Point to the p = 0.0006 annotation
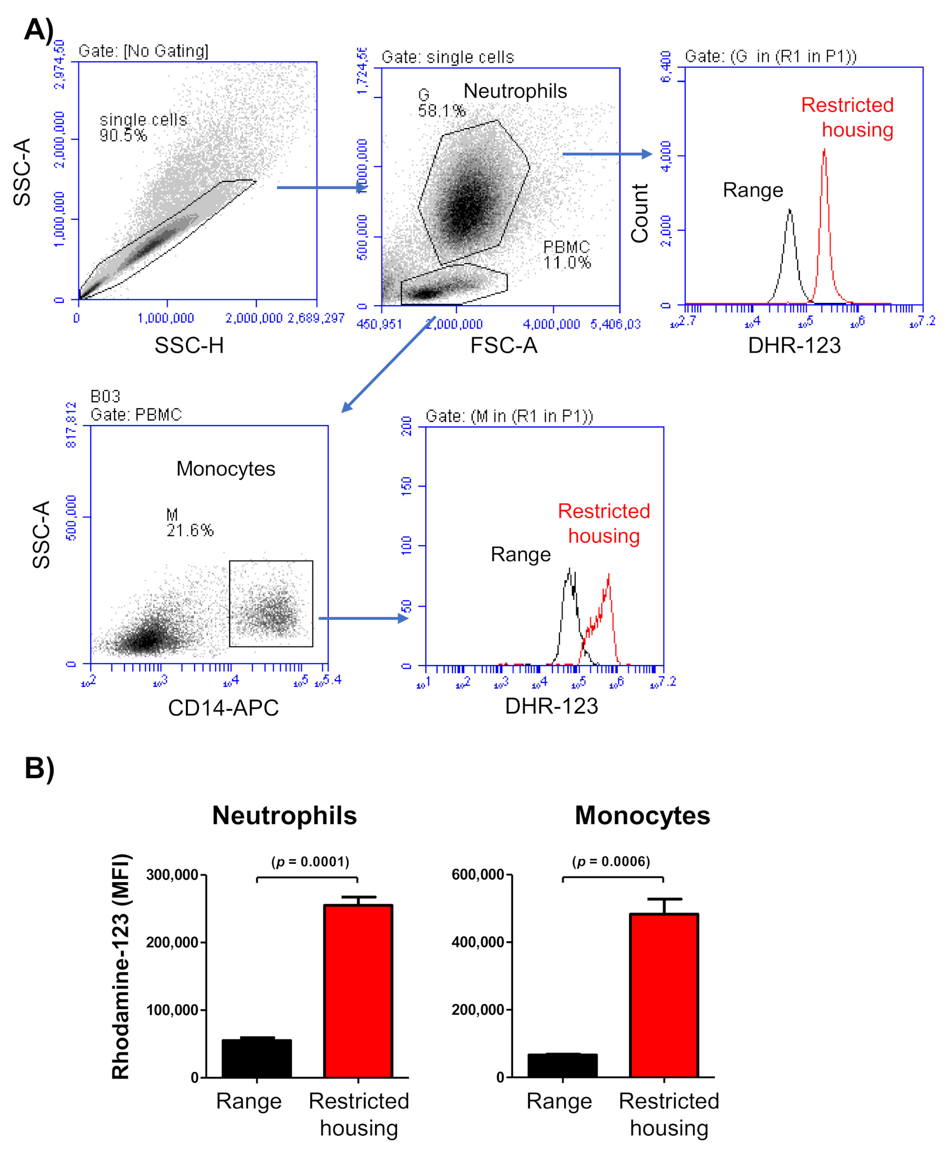(611, 862)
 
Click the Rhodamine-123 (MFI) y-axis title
(120, 967)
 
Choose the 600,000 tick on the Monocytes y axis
(478, 875)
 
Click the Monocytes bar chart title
(642, 816)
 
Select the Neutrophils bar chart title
(284, 816)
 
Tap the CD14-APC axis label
(223, 708)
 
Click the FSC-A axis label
(504, 345)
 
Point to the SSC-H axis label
(189, 345)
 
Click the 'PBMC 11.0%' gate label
(566, 254)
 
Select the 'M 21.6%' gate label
(189, 522)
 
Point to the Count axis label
(640, 213)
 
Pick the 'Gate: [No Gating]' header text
(143, 51)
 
